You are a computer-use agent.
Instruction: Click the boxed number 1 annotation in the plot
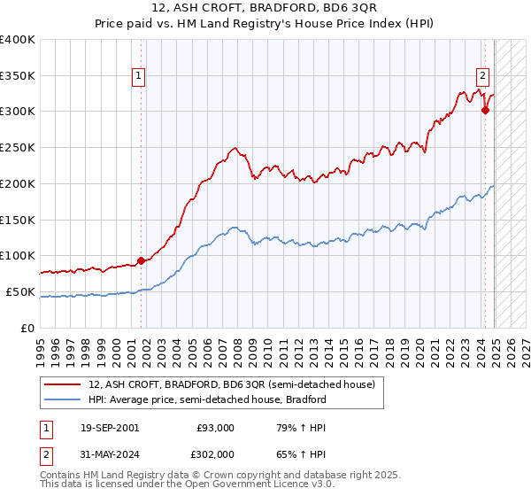(140, 77)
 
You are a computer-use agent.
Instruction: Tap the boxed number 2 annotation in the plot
(483, 76)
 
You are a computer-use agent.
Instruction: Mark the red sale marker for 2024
(485, 110)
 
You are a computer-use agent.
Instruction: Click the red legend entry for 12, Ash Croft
(232, 385)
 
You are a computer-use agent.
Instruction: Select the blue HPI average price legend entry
(207, 399)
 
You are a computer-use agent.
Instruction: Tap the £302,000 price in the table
(214, 454)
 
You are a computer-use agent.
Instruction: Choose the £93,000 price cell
(215, 428)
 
